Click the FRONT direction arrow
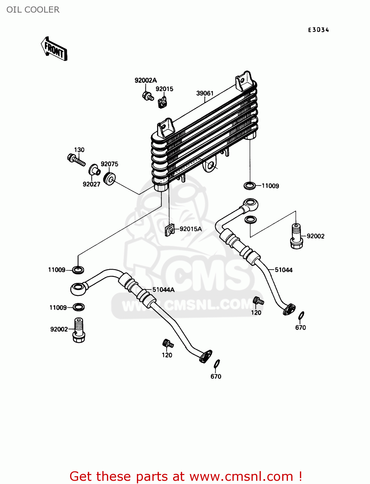54,49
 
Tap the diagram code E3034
318,30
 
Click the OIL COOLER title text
33,10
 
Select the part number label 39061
205,93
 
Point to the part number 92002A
145,80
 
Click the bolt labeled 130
76,159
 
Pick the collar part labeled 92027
94,169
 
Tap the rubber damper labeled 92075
110,178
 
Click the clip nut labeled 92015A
170,229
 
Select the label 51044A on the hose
163,290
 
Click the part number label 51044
283,270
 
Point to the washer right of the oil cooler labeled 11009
249,186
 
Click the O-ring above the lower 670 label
217,363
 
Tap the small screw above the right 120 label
259,300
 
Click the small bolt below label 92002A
148,96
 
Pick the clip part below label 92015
162,102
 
